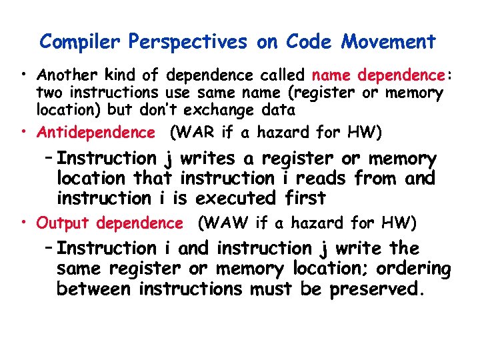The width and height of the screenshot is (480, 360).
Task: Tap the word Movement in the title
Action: point(389,42)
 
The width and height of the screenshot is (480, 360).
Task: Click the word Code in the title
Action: point(311,42)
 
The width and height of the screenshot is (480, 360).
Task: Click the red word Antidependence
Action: point(95,133)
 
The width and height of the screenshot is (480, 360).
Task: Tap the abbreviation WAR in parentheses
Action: point(195,133)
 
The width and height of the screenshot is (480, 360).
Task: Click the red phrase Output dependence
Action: point(109,223)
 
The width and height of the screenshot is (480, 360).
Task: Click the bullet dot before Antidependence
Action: point(24,133)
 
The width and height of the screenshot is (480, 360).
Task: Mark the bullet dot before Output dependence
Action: point(24,223)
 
